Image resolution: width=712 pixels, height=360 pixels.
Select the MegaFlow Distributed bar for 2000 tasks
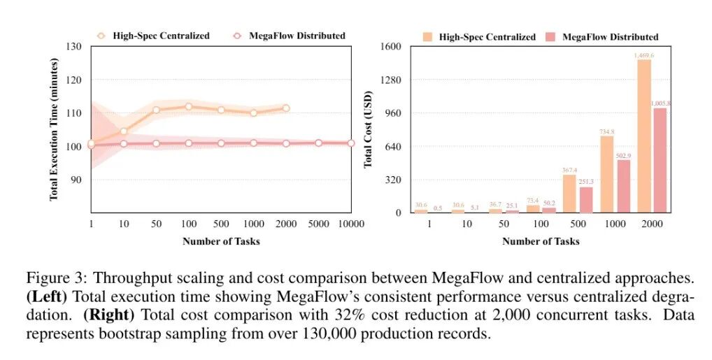point(660,160)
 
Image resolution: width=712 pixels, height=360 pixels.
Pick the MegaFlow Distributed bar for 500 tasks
point(585,199)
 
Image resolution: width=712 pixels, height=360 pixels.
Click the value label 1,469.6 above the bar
point(644,55)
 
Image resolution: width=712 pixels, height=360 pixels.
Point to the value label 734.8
point(606,131)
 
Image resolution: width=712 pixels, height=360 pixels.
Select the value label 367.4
point(569,169)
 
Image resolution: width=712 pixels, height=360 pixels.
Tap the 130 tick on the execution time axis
point(73,47)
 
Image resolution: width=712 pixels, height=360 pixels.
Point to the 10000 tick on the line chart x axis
point(351,224)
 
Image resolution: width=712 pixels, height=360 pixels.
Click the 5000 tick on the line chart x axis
point(318,224)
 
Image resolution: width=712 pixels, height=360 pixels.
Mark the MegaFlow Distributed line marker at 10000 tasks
point(351,143)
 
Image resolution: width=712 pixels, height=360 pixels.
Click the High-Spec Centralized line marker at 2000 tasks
point(285,108)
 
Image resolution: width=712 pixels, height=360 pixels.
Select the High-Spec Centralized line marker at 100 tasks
point(188,106)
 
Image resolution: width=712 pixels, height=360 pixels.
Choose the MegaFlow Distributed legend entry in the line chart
point(290,35)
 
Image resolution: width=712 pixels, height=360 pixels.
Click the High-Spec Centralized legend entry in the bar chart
point(479,36)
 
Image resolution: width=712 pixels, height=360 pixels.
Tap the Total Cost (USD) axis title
point(368,129)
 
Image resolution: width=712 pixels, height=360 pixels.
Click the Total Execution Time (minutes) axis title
point(54,129)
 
